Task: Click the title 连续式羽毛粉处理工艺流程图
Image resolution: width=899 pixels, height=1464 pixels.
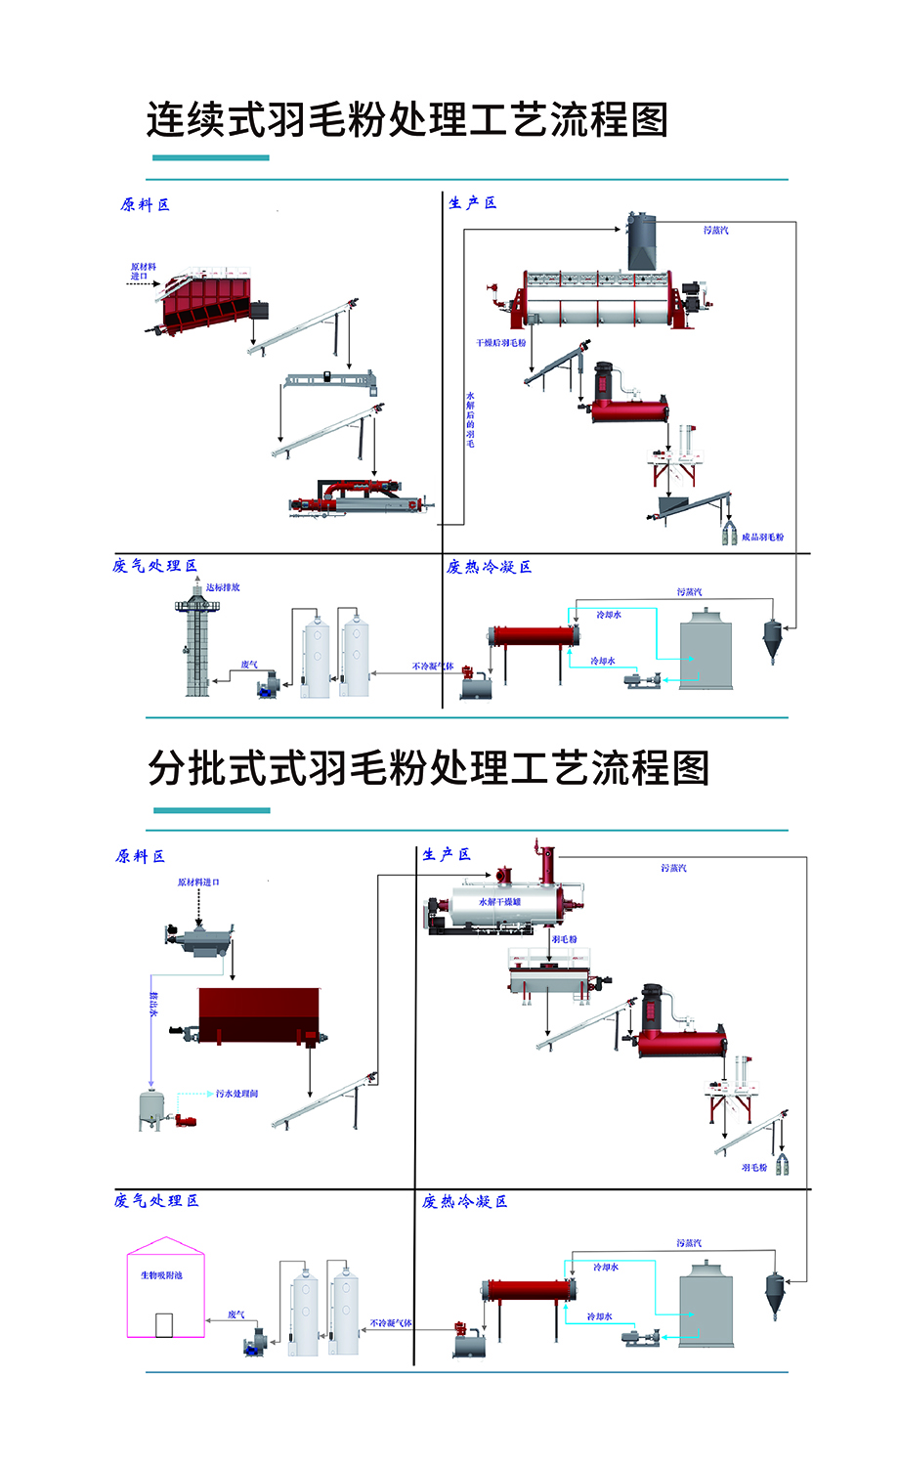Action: point(407,120)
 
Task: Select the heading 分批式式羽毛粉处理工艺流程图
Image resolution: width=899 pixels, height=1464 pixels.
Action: point(428,768)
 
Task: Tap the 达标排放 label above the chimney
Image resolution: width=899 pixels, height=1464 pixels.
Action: point(223,587)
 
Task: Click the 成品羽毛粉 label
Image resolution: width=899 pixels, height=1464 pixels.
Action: point(762,537)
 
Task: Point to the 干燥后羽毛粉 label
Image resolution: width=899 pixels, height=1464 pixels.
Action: point(500,343)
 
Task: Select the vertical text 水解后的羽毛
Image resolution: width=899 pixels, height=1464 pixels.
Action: point(470,419)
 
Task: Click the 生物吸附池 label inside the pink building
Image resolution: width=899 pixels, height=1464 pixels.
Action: point(161,1275)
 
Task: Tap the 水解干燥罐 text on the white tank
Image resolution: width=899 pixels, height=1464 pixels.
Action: point(499,901)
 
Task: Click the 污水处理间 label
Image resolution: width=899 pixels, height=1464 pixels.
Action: point(236,1094)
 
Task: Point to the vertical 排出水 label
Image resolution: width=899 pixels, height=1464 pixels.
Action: point(153,1004)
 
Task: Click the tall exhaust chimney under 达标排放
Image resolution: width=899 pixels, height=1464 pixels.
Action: point(197,645)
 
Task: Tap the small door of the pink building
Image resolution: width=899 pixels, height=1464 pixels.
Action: point(164,1324)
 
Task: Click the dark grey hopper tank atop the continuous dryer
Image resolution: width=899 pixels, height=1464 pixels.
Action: point(641,240)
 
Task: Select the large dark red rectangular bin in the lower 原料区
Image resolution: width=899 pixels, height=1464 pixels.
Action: point(259,1014)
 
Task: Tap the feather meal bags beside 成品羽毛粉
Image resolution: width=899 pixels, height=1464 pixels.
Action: point(729,534)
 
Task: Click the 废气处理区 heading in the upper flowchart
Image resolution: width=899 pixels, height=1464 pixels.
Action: point(154,566)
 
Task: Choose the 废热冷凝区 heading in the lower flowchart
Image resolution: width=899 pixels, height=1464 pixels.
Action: point(464,1201)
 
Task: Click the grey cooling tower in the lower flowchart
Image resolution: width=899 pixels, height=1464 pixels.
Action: point(706,1304)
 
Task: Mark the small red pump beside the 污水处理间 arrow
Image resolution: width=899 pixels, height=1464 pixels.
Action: point(186,1120)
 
